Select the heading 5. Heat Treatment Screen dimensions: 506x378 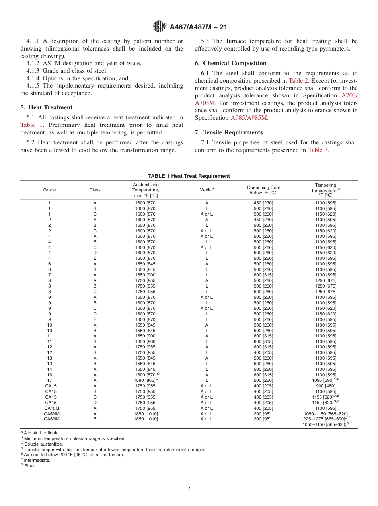tap(47, 107)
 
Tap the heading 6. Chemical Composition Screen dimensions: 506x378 tap(230, 63)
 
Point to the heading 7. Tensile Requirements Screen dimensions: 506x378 tap(228, 132)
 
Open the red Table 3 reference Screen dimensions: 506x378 tap(318, 150)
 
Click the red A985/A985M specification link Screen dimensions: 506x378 tap(249, 118)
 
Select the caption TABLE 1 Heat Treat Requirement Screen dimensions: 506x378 tap(189, 176)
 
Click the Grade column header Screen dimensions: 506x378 tap(49, 190)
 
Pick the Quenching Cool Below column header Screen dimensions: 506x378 tap(263, 190)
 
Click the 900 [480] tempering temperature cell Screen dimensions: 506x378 tap(325, 386)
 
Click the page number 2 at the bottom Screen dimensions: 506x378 tap(189, 489)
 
